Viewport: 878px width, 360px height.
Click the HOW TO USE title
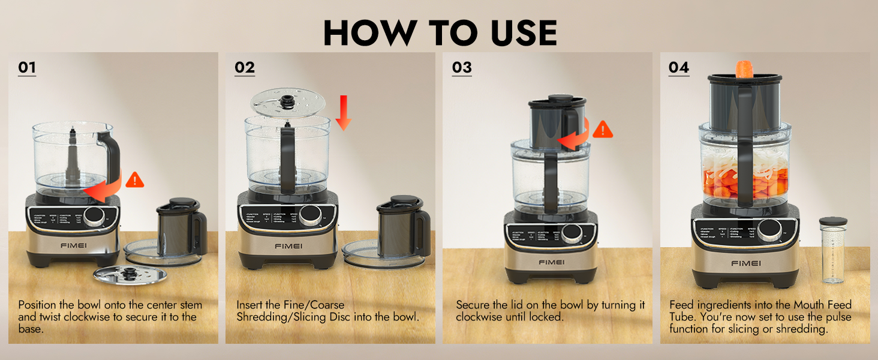point(440,32)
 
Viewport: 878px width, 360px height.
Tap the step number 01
point(27,67)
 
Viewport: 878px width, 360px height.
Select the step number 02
point(245,67)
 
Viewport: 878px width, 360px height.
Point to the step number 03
point(462,67)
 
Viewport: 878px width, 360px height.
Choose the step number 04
point(679,67)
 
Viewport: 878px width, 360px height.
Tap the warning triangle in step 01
point(135,179)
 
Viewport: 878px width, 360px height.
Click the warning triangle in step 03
point(603,128)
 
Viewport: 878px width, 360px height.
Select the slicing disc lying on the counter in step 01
point(130,275)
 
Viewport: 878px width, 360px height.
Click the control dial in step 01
point(94,217)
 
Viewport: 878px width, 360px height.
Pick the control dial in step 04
point(769,230)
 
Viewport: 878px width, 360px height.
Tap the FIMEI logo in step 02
point(288,245)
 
